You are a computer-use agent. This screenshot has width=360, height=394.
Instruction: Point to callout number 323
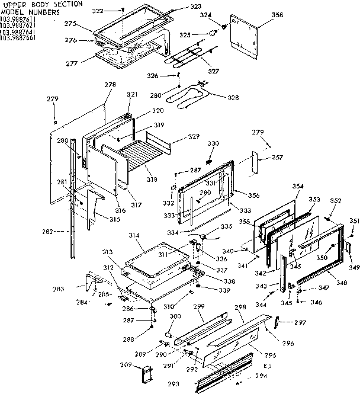196,7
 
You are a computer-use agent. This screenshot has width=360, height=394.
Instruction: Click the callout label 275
70,24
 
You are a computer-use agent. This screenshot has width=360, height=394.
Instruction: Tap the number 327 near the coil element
213,71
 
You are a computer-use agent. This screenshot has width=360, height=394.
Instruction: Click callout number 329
193,137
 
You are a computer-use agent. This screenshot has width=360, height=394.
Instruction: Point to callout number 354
298,187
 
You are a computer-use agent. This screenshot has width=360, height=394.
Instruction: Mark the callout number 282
55,231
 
